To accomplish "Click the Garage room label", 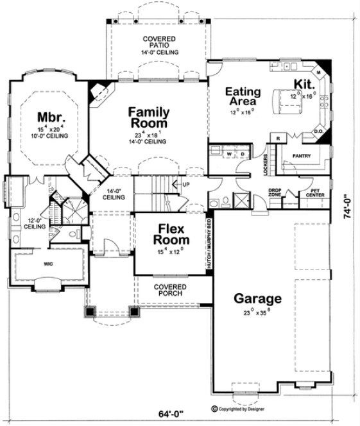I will tap(257, 298).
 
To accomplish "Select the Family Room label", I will tap(148, 117).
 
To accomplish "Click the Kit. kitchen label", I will tap(303, 85).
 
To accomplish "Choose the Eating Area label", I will tap(241, 96).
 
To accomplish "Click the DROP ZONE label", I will tap(276, 192).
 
